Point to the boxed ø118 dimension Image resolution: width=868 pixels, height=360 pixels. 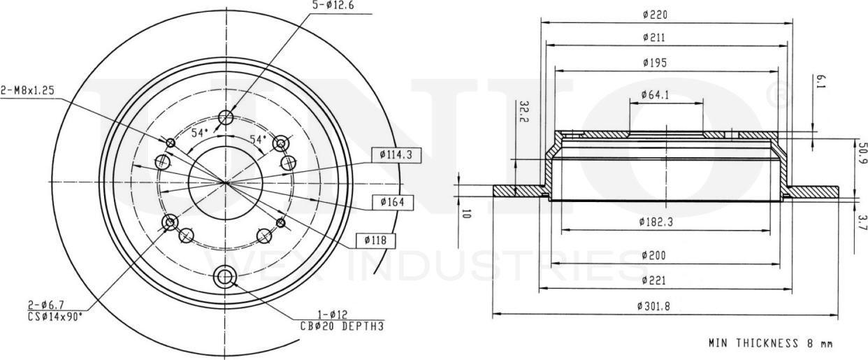click(x=376, y=240)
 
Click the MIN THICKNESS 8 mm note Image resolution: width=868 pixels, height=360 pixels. click(x=770, y=343)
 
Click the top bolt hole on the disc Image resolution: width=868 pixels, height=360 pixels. click(x=225, y=117)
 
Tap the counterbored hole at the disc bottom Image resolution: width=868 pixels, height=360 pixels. click(x=225, y=278)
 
